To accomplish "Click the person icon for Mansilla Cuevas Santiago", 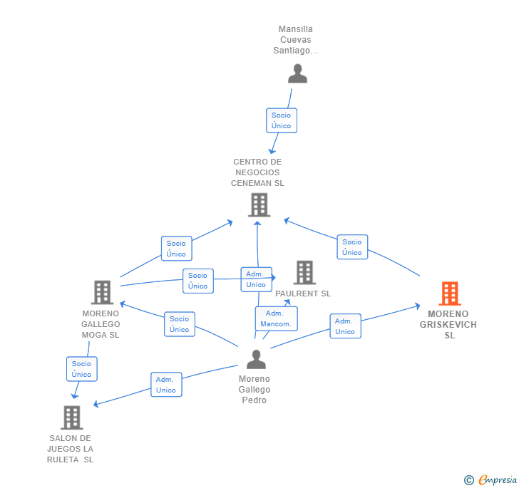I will (297, 73).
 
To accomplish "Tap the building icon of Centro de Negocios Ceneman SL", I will (259, 205).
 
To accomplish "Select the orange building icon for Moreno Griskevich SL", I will (449, 293).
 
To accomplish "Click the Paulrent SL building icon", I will (304, 272).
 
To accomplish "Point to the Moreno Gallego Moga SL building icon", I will (102, 292).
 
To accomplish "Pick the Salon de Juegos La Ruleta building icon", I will (71, 417).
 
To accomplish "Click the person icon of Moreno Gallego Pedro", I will (255, 360).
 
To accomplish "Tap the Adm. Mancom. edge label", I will (276, 318).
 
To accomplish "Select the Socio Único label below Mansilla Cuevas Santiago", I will (282, 120).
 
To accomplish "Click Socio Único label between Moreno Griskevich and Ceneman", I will (352, 247).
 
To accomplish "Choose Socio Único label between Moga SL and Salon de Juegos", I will (82, 369).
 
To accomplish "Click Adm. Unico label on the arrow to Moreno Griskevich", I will (345, 326).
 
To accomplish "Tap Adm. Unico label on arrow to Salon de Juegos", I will (166, 385).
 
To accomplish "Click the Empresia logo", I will (491, 479).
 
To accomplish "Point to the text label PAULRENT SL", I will (303, 294).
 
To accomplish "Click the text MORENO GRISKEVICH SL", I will (448, 325).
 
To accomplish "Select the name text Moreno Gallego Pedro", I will (255, 390).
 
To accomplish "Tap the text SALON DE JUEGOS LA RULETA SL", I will (71, 449).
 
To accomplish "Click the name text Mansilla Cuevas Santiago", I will (296, 40).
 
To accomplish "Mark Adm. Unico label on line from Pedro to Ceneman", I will (256, 279).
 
